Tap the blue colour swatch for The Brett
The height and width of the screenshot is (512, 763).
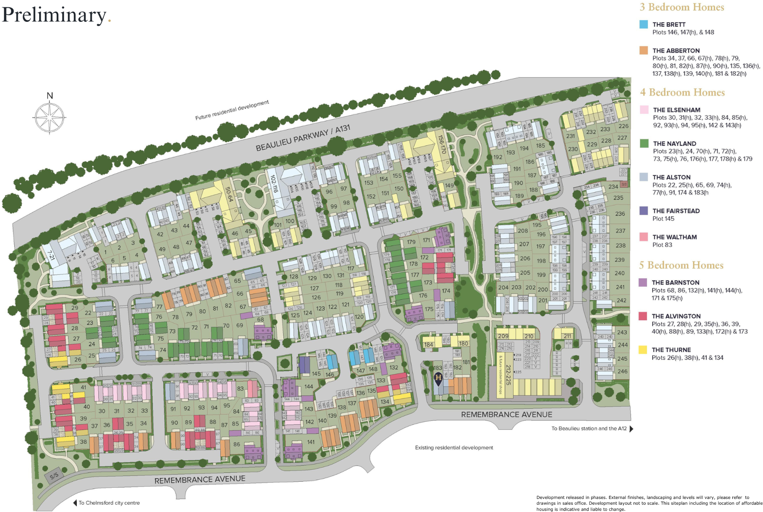644,25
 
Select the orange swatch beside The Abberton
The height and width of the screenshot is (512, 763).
644,51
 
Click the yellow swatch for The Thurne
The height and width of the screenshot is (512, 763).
642,350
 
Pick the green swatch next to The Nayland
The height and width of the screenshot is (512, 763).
644,144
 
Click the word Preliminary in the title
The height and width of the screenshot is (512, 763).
54,15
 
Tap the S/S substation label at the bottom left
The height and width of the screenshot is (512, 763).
54,476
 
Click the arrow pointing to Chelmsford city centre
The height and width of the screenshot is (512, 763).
75,503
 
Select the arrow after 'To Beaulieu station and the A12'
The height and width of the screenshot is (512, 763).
631,429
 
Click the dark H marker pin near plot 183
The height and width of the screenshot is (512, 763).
438,378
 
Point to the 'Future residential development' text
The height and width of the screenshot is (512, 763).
232,110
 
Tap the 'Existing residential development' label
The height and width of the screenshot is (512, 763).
454,448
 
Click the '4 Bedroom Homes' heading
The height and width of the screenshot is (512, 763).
682,92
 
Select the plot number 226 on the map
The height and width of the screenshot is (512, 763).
623,126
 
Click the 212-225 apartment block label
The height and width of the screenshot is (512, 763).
508,375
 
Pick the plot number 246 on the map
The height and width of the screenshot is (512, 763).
622,371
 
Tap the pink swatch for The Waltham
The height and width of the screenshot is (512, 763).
644,237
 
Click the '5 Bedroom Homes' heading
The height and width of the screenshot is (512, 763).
681,265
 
